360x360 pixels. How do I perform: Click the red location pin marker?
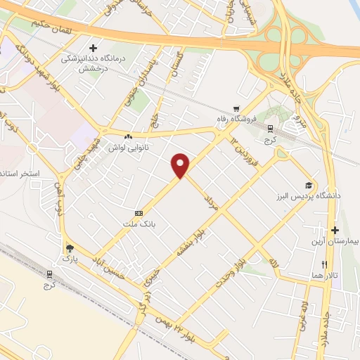tap(181, 165)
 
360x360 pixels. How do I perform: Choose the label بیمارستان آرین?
tap(334, 241)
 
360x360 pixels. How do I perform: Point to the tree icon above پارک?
tap(69, 248)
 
